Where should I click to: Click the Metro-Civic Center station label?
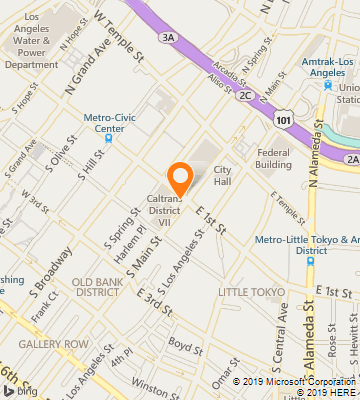104,122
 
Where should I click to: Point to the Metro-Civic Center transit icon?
109,138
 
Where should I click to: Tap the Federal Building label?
273,158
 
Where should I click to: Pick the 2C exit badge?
244,96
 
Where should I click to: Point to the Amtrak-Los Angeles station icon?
327,84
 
